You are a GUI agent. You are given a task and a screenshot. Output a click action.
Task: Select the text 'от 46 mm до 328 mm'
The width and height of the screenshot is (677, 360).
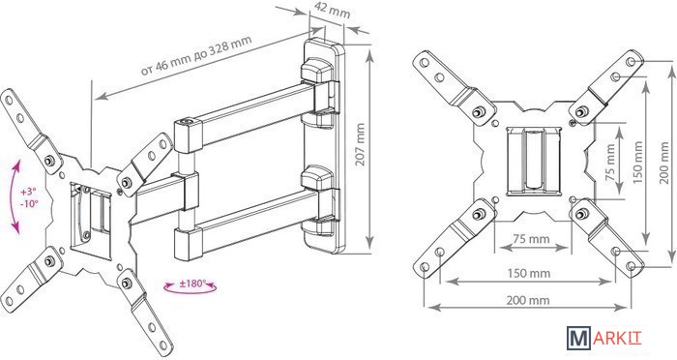(196, 55)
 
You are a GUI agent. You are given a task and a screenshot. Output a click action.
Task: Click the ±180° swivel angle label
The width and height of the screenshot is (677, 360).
(191, 285)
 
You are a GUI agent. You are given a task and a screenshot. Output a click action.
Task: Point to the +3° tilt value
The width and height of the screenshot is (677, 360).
(28, 191)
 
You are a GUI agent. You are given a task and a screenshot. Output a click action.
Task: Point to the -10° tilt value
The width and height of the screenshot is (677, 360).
(29, 202)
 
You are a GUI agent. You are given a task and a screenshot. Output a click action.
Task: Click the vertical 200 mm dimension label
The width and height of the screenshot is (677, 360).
(665, 163)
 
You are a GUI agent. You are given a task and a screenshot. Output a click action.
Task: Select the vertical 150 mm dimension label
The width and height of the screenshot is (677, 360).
(638, 162)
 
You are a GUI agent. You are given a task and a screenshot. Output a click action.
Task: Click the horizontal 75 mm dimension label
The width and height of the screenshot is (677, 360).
(531, 239)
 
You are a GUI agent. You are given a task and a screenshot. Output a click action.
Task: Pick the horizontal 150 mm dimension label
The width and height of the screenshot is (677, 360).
(529, 273)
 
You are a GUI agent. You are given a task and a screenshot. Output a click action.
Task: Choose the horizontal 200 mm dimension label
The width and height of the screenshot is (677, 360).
(528, 299)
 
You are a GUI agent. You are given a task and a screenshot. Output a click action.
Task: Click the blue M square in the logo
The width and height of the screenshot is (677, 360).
(578, 338)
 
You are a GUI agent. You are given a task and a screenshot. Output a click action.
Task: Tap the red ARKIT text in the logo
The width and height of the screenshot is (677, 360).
(617, 338)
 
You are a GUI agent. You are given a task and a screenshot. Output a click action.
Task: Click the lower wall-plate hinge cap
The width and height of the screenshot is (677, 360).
(317, 178)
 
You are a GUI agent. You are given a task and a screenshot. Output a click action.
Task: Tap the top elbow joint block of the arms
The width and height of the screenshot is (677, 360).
(188, 136)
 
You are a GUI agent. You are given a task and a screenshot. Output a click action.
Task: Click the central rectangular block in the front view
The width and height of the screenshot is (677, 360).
(534, 162)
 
